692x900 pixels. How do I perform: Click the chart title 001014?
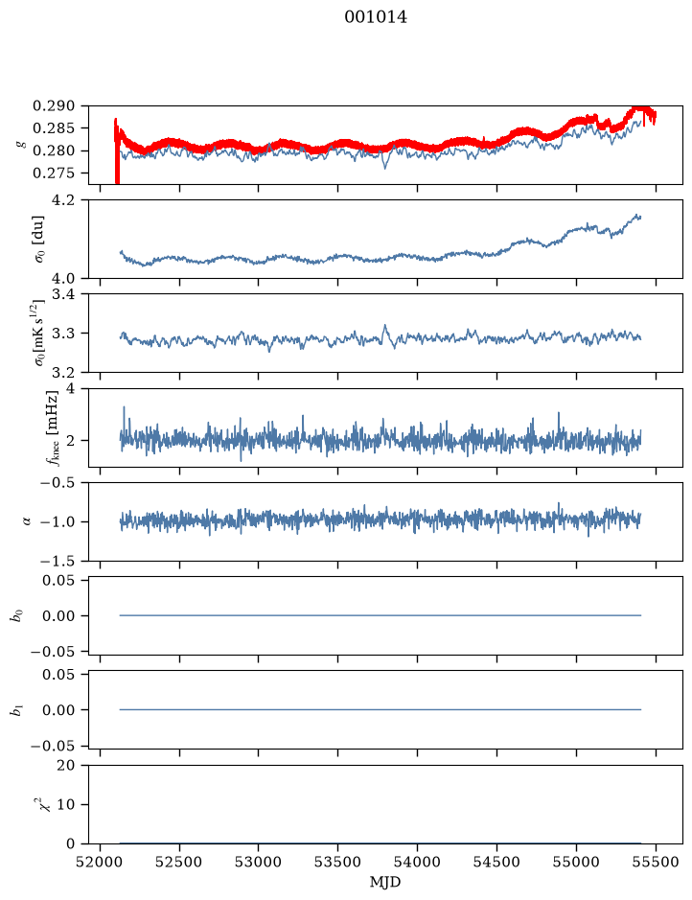click(376, 17)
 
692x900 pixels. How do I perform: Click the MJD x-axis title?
click(385, 882)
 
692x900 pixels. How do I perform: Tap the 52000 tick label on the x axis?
click(101, 862)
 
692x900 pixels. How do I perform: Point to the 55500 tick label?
click(656, 862)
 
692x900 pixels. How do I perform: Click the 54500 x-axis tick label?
click(496, 862)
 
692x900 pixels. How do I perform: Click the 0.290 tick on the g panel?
click(54, 105)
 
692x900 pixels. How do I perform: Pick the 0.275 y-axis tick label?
click(54, 173)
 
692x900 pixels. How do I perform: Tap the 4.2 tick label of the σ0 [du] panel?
click(63, 200)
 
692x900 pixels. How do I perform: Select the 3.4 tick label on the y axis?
click(63, 294)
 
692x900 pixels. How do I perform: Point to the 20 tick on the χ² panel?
click(66, 765)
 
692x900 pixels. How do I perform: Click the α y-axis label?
click(26, 521)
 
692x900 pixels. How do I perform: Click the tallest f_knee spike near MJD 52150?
click(124, 407)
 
